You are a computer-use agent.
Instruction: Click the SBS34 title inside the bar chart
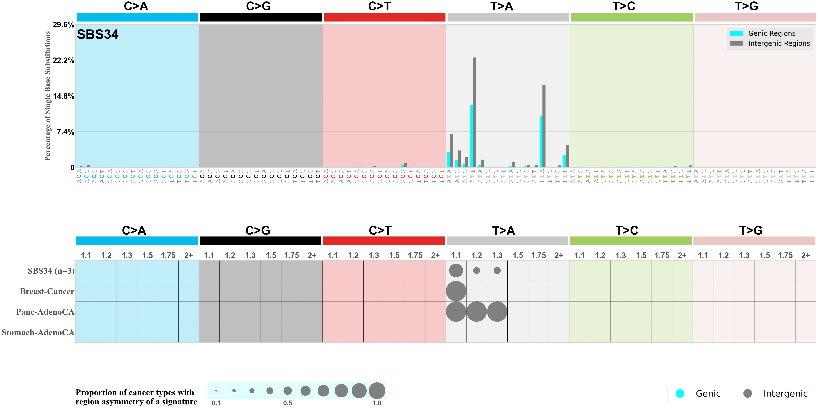click(97, 34)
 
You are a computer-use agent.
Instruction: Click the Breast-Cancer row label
click(47, 291)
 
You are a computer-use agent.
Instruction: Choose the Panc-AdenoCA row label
click(45, 312)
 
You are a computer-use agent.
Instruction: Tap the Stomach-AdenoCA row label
click(38, 332)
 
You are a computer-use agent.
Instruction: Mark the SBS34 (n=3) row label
click(51, 271)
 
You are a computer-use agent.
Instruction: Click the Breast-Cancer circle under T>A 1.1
click(456, 291)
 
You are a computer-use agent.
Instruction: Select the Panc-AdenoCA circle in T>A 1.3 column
click(497, 312)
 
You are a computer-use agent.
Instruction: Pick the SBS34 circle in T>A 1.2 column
click(477, 271)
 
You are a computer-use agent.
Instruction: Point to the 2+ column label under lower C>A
click(189, 255)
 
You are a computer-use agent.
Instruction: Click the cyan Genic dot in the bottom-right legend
click(680, 394)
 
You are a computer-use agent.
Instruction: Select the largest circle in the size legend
click(377, 390)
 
